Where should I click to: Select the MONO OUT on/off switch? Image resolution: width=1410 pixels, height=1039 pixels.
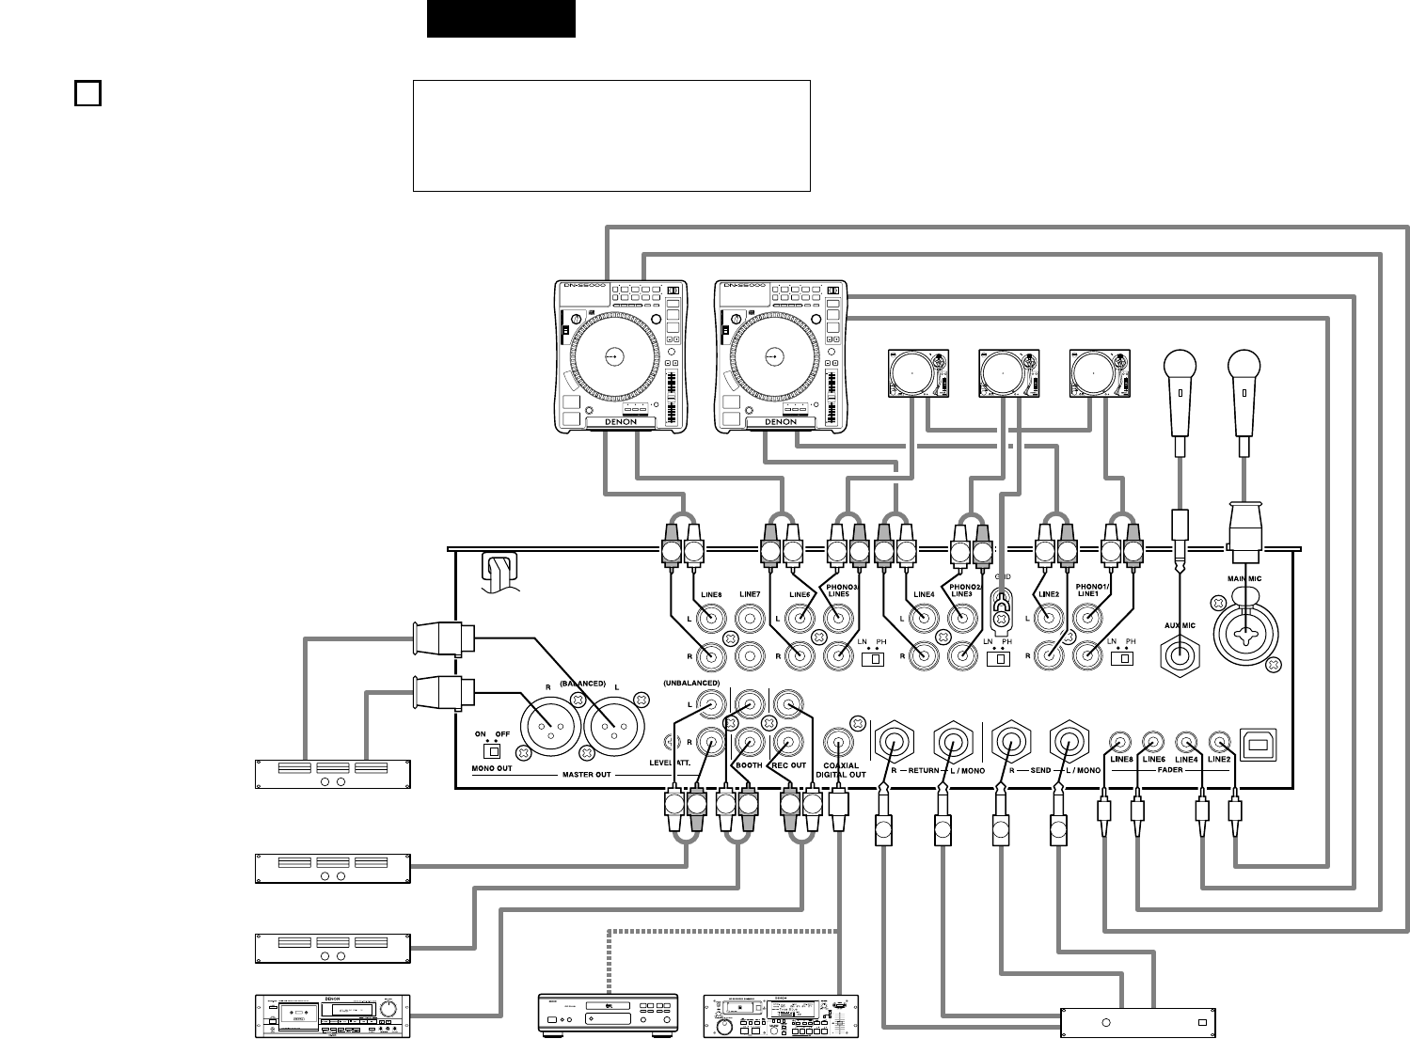click(489, 750)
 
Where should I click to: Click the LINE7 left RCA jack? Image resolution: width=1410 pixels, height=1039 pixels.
click(750, 619)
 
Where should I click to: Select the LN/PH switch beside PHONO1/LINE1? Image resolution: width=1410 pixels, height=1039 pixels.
click(1119, 659)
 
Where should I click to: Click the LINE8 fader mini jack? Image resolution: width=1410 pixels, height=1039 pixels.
click(1119, 741)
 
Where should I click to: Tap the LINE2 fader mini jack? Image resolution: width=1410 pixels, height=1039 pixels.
click(1219, 741)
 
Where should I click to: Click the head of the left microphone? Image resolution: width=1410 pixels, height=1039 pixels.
click(1179, 364)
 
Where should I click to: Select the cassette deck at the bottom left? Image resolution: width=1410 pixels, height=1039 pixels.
click(334, 1015)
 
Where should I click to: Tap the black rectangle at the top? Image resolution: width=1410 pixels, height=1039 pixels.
click(500, 19)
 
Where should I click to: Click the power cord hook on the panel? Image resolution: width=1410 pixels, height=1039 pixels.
click(499, 571)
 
